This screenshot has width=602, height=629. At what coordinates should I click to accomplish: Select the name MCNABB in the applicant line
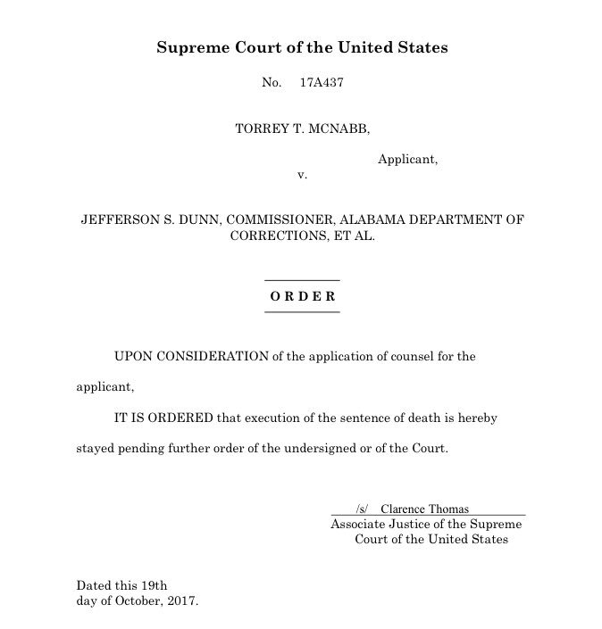(x=339, y=128)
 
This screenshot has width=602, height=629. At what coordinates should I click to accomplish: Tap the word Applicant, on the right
(x=407, y=160)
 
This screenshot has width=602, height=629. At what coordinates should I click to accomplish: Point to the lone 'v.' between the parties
(x=302, y=175)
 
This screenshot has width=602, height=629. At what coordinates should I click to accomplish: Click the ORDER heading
(x=303, y=296)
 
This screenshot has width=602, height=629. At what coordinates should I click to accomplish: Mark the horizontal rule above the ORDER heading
(x=303, y=280)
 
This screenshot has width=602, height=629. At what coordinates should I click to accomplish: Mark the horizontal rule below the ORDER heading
(x=303, y=312)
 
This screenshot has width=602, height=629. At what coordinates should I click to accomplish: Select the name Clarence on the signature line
(x=404, y=509)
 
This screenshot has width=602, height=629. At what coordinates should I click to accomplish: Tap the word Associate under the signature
(x=357, y=525)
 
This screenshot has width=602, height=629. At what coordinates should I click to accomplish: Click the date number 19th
(x=152, y=585)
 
